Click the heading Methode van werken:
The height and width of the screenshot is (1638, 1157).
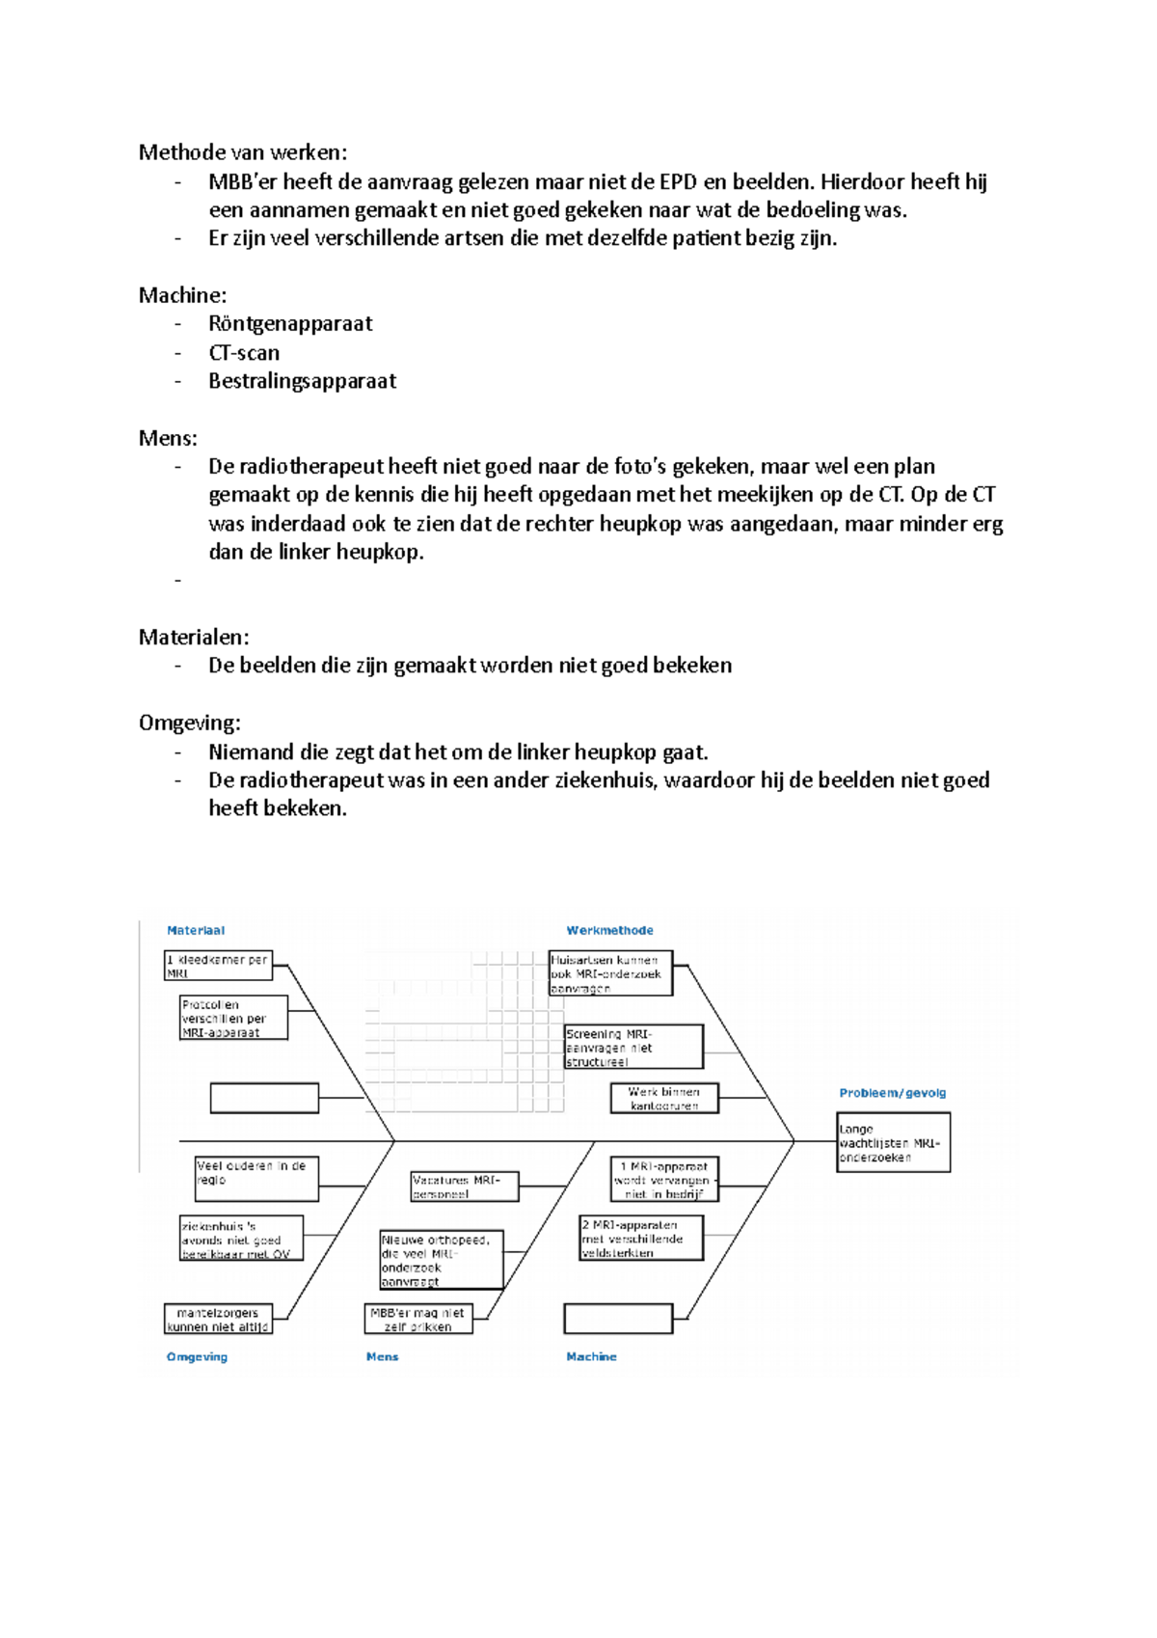click(x=243, y=152)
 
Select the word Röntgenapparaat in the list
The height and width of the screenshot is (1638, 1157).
click(x=290, y=324)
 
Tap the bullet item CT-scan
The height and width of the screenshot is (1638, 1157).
click(x=244, y=353)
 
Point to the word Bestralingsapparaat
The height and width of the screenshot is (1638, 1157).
click(x=302, y=381)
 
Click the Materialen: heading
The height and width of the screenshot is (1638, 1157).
click(x=194, y=637)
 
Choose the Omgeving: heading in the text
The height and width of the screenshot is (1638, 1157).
click(x=190, y=723)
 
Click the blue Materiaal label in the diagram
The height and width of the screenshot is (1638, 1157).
click(x=196, y=931)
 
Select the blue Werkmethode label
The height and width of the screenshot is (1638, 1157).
click(x=609, y=931)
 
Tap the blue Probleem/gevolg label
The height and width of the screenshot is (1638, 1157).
click(x=892, y=1093)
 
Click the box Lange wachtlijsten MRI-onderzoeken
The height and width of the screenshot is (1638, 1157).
click(x=893, y=1143)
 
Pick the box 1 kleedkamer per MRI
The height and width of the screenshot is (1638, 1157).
click(x=218, y=966)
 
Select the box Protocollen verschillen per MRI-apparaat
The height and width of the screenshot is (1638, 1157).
click(x=233, y=1018)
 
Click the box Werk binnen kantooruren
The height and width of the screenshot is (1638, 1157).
click(x=664, y=1099)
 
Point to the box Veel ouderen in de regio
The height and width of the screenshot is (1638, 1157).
click(x=256, y=1179)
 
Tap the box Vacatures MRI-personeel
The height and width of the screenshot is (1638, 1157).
click(x=465, y=1187)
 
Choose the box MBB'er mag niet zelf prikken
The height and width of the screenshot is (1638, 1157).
click(x=418, y=1319)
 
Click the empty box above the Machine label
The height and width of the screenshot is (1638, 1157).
click(x=618, y=1319)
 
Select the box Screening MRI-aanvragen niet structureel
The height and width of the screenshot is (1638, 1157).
click(x=633, y=1048)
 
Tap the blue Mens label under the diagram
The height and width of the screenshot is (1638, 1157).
click(x=382, y=1357)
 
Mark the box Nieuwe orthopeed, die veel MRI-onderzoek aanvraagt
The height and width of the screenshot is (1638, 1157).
click(x=442, y=1260)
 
